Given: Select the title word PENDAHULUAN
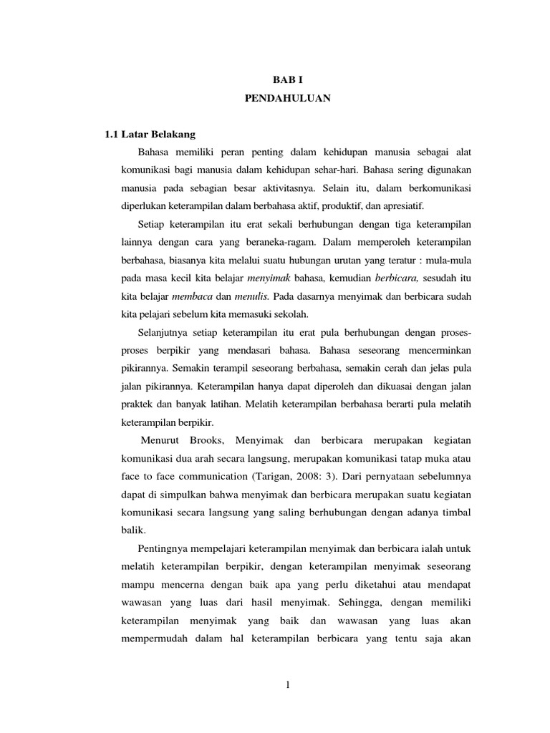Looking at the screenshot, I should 286,99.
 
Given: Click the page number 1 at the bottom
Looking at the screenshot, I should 287,685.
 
